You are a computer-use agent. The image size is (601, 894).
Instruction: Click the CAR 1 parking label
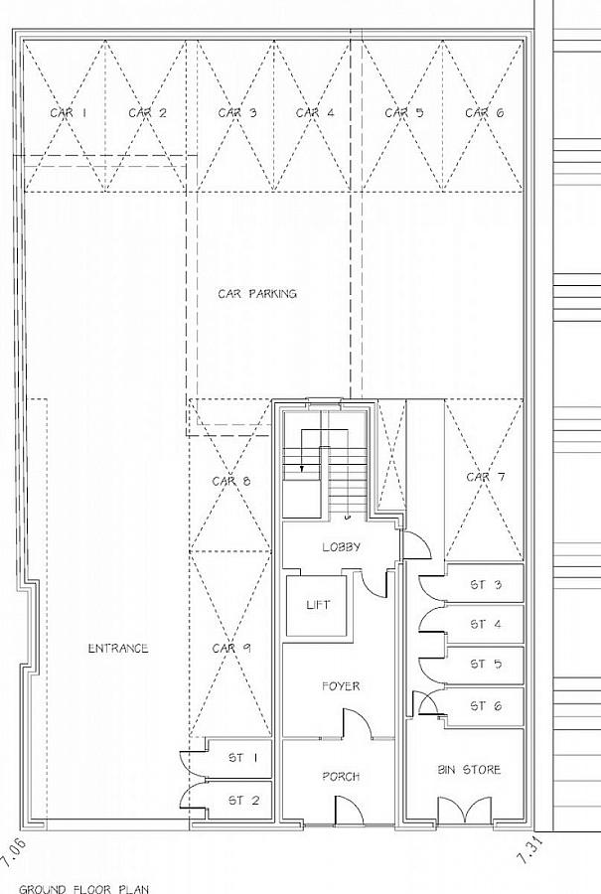pyautogui.click(x=69, y=113)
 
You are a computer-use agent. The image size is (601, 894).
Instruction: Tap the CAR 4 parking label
pyautogui.click(x=314, y=113)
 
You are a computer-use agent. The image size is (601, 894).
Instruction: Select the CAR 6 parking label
pyautogui.click(x=484, y=113)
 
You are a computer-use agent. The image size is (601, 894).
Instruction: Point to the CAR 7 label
pyautogui.click(x=486, y=478)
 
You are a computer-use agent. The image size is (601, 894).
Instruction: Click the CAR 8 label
pyautogui.click(x=231, y=481)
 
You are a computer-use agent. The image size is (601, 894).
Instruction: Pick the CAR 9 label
pyautogui.click(x=231, y=649)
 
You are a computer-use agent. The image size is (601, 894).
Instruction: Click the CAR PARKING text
pyautogui.click(x=257, y=294)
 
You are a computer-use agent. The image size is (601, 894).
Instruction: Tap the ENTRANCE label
pyautogui.click(x=118, y=649)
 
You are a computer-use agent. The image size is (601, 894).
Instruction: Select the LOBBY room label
pyautogui.click(x=341, y=547)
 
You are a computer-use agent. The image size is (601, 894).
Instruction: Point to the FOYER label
pyautogui.click(x=341, y=686)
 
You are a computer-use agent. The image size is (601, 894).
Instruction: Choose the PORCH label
pyautogui.click(x=341, y=777)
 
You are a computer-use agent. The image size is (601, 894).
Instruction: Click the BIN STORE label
pyautogui.click(x=470, y=770)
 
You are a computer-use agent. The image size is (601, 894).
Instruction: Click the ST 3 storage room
pyautogui.click(x=485, y=585)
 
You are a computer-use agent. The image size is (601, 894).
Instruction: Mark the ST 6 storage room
pyautogui.click(x=485, y=706)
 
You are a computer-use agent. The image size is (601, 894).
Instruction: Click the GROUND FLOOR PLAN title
pyautogui.click(x=84, y=888)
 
